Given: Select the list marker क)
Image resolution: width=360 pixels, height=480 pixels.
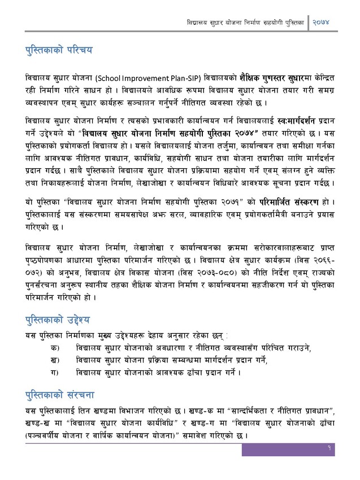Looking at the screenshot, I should [55, 346].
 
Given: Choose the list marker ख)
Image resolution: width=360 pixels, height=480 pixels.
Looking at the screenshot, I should [55, 359].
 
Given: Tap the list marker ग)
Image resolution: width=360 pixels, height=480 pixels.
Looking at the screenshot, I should [55, 372].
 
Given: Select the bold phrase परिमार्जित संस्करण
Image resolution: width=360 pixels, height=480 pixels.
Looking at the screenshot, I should [289, 202].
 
